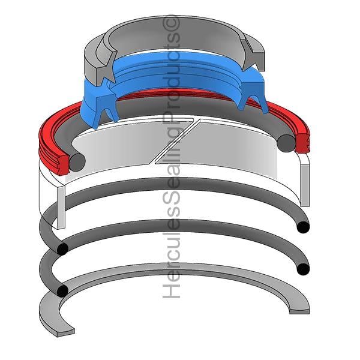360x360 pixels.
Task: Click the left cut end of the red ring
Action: (x=62, y=164)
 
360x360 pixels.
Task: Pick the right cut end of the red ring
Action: (x=302, y=143)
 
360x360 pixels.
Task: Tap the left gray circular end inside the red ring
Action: (x=77, y=163)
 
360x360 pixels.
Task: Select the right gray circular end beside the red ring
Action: (x=286, y=143)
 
